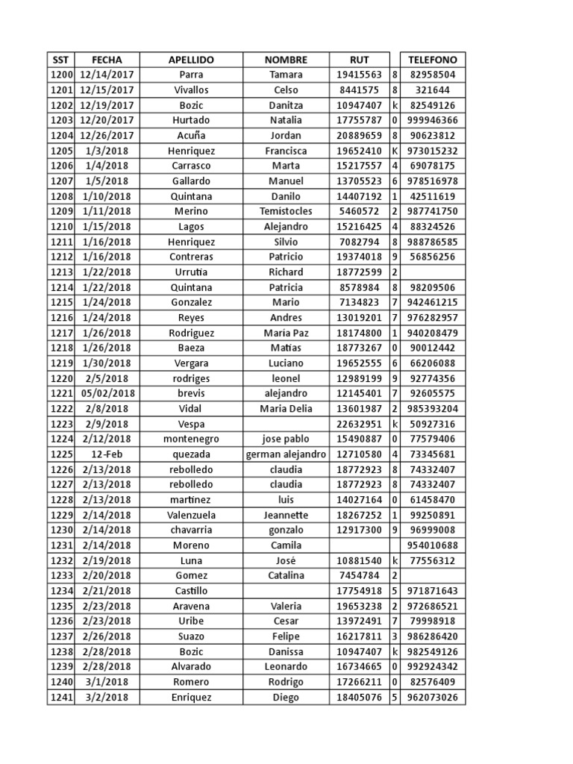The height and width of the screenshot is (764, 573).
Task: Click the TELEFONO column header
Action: point(433,60)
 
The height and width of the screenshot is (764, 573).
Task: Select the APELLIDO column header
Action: point(191,60)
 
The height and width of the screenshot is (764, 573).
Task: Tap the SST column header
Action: point(60,60)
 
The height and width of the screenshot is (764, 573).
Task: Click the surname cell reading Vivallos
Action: point(191,90)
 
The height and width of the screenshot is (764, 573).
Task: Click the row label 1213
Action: point(60,272)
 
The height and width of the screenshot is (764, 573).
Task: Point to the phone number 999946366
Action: point(433,120)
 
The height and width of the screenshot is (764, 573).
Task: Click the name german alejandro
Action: point(286,454)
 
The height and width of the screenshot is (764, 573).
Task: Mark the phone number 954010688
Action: point(433,545)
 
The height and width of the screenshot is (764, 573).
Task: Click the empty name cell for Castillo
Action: point(286,591)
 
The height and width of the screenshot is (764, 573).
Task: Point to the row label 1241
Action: point(60,698)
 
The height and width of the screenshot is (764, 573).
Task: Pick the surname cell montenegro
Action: point(191,439)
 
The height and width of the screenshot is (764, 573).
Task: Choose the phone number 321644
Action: point(433,90)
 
